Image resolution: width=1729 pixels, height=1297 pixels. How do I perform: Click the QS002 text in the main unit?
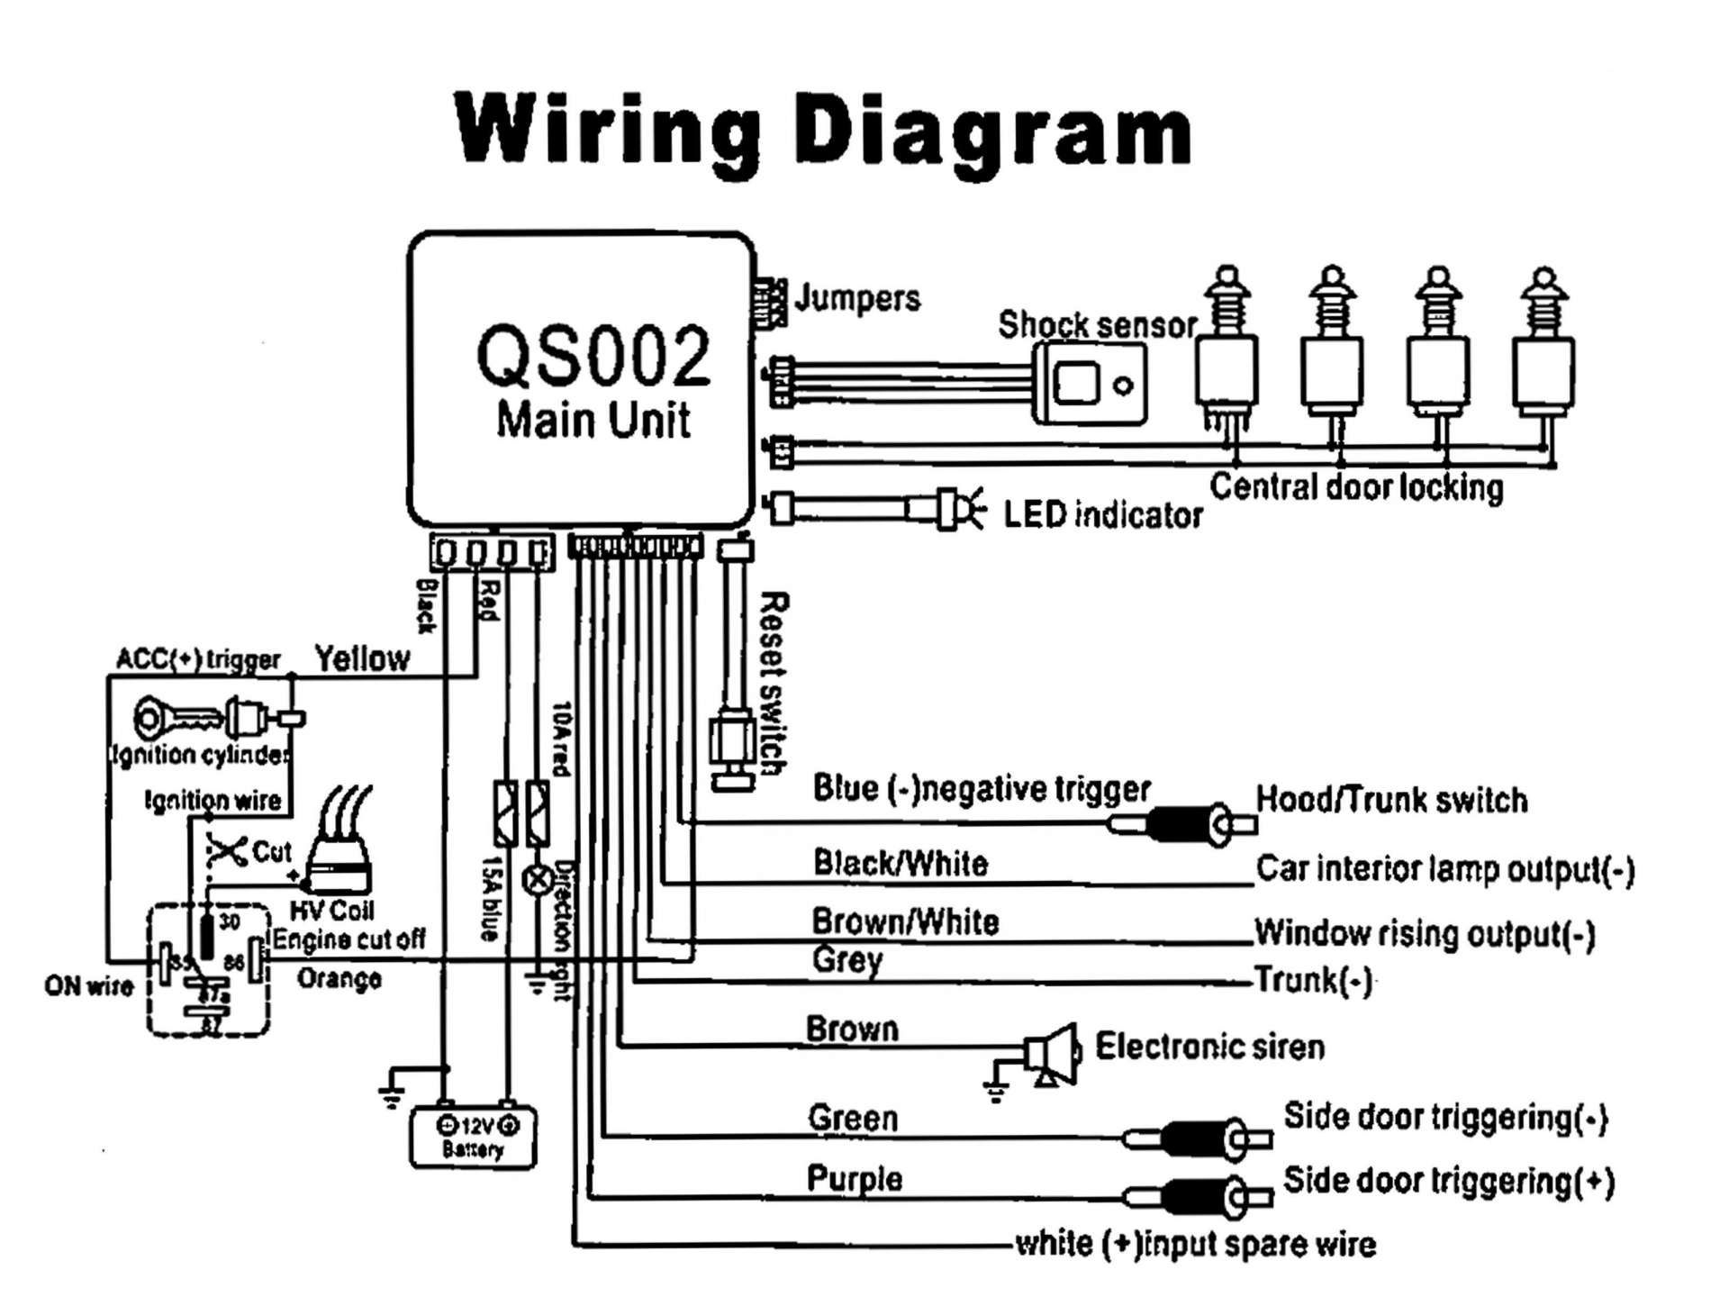click(x=593, y=357)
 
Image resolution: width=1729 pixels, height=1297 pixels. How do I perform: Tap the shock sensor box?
click(x=1089, y=383)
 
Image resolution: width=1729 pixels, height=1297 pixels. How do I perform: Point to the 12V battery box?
click(x=473, y=1137)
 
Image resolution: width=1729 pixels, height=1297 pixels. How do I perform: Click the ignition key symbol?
click(x=180, y=718)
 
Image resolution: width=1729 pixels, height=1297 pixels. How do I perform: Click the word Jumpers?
click(x=857, y=298)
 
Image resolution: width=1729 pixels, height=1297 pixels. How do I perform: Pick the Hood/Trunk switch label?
click(x=1391, y=800)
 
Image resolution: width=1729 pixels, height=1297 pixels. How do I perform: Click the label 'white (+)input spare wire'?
click(x=1195, y=1245)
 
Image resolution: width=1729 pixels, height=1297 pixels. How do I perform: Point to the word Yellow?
click(x=362, y=658)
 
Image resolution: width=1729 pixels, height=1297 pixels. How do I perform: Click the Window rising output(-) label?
click(x=1424, y=934)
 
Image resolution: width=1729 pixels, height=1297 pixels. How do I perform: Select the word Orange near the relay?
click(x=339, y=979)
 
